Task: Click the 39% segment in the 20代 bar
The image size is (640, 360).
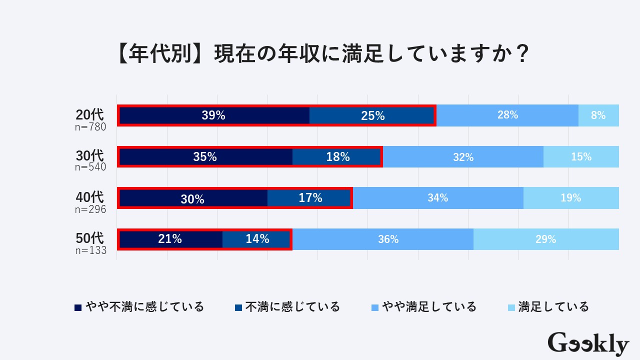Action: [x=214, y=115]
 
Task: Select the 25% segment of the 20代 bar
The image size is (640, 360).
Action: [x=372, y=115]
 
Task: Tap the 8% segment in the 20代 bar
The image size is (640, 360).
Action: [x=598, y=115]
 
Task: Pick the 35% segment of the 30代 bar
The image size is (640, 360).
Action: [x=205, y=157]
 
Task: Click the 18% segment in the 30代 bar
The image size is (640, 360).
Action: [x=337, y=157]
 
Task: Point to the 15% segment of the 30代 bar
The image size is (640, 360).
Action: [x=581, y=157]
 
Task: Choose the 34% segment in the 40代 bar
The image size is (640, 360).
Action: [x=438, y=198]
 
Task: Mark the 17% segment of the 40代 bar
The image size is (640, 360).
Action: [x=309, y=198]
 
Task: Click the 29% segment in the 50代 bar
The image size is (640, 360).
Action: [x=546, y=239]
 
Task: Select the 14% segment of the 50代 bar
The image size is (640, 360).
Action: [x=257, y=239]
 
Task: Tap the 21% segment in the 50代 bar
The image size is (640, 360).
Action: [x=170, y=239]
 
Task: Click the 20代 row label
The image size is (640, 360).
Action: [x=90, y=114]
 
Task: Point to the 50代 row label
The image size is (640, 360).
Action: [x=90, y=238]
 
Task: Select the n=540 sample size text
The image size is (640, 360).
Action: [x=90, y=167]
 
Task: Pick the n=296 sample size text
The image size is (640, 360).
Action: [x=90, y=209]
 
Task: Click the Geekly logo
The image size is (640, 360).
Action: [x=588, y=344]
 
